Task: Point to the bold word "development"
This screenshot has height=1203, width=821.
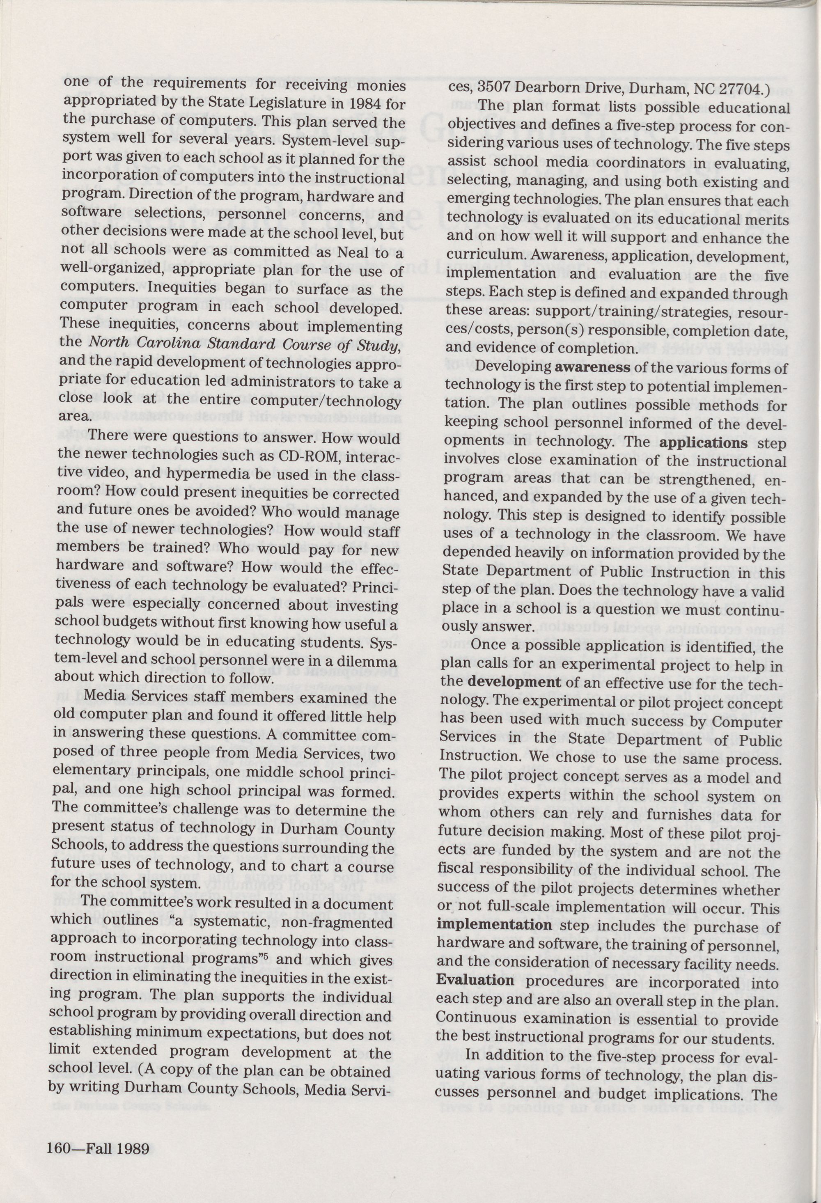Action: tap(514, 682)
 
